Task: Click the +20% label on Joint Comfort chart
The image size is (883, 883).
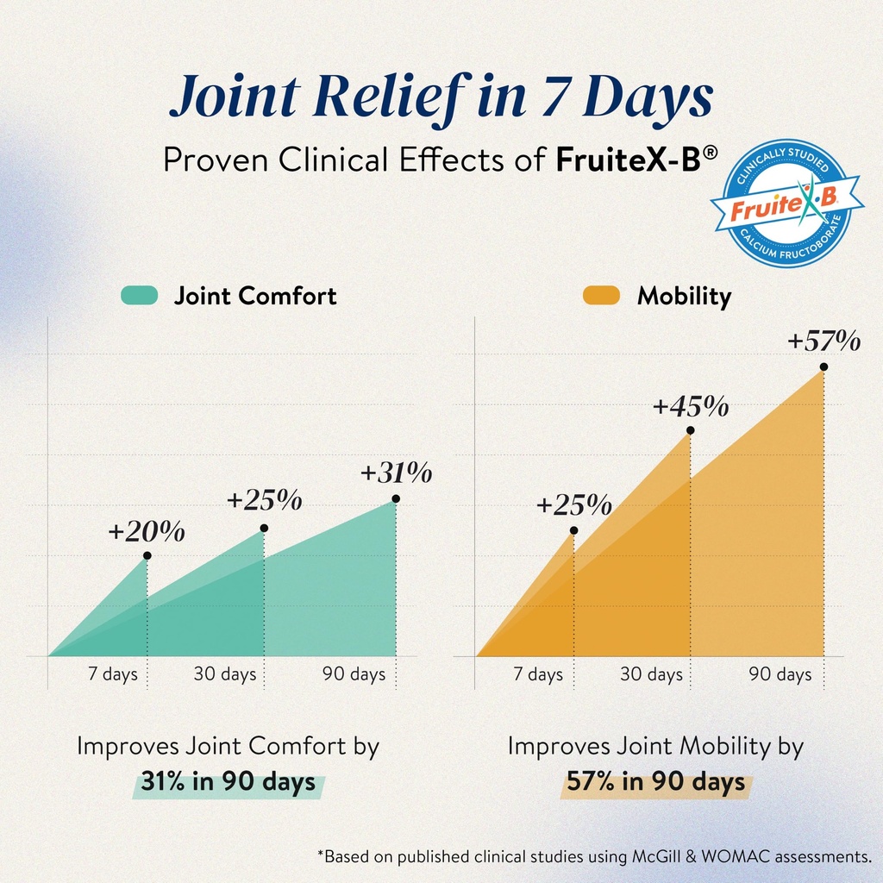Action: pyautogui.click(x=147, y=531)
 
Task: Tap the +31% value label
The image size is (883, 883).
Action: pyautogui.click(x=396, y=473)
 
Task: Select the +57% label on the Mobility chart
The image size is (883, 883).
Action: pyautogui.click(x=824, y=341)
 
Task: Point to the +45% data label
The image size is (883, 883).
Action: pyautogui.click(x=691, y=406)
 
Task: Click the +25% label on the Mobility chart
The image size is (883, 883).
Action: pyautogui.click(x=573, y=504)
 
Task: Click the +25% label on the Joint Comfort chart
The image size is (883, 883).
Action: pyautogui.click(x=264, y=499)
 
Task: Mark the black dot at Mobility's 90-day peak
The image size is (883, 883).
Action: pyautogui.click(x=824, y=366)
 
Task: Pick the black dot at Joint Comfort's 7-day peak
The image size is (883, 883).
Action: pyautogui.click(x=147, y=556)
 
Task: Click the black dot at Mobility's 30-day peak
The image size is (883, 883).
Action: pyautogui.click(x=691, y=430)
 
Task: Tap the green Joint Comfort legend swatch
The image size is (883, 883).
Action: pyautogui.click(x=139, y=295)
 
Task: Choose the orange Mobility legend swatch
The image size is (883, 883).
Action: pyautogui.click(x=601, y=295)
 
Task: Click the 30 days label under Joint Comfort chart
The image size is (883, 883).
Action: pyautogui.click(x=225, y=674)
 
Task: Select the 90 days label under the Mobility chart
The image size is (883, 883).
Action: pyautogui.click(x=780, y=674)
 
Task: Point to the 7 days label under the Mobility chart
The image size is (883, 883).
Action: pyautogui.click(x=538, y=674)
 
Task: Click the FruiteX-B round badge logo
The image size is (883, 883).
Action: pyautogui.click(x=787, y=204)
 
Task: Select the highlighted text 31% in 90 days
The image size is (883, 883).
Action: pyautogui.click(x=228, y=781)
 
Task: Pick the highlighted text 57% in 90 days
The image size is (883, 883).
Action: pyautogui.click(x=655, y=781)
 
